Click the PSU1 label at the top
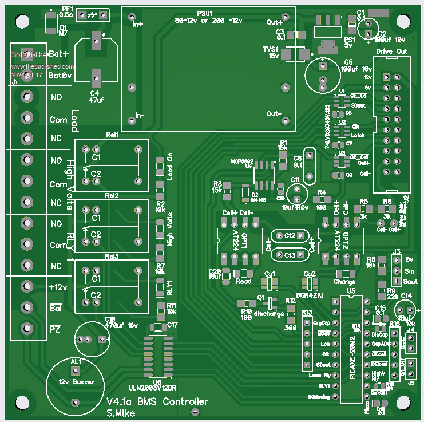point(204,13)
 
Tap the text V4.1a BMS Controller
point(157,402)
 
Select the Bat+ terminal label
point(58,54)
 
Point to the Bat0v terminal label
point(60,75)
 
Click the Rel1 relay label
point(112,135)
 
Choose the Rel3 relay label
point(112,256)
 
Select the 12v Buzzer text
point(77,381)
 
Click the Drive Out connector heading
point(391,51)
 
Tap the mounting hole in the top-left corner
point(22,21)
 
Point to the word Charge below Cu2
point(344,282)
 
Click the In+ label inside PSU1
point(138,25)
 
